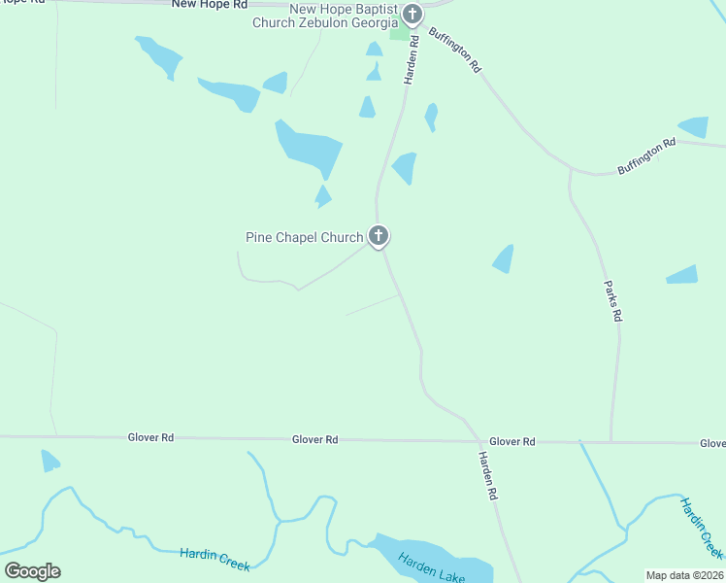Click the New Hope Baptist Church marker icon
click(x=412, y=15)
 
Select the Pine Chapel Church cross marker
click(x=379, y=235)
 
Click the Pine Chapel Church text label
click(x=304, y=236)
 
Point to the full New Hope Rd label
click(x=203, y=4)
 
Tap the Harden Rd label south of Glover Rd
click(x=487, y=476)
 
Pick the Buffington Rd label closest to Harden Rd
click(x=455, y=51)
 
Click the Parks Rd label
click(x=613, y=302)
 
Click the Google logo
click(x=32, y=571)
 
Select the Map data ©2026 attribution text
click(x=684, y=574)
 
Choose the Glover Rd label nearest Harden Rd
click(x=511, y=441)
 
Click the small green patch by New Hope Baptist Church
click(x=399, y=34)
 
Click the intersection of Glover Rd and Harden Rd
click(x=473, y=440)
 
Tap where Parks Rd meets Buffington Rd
click(x=570, y=171)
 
